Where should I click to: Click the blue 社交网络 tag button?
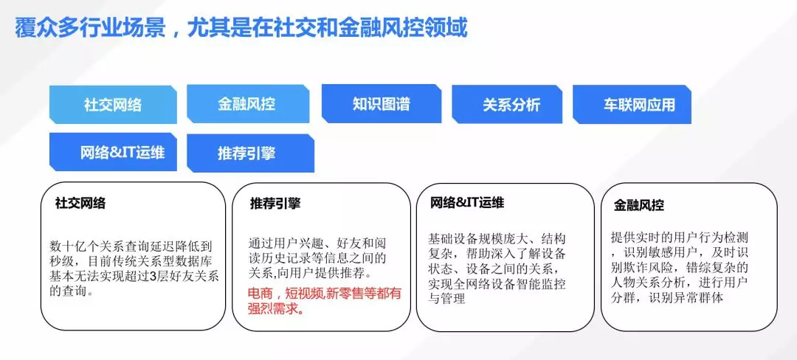coord(112,104)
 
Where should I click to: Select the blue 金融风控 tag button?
coord(246,103)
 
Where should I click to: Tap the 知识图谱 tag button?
coord(381,103)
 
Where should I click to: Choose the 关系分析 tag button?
coord(511,104)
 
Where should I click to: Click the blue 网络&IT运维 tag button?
coord(113,152)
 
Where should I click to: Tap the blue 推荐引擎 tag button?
coord(246,153)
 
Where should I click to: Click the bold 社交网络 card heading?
coord(80,204)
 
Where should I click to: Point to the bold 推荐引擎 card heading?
coord(275,204)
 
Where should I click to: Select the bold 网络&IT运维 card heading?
coord(467,202)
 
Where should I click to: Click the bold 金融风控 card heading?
coord(639,206)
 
